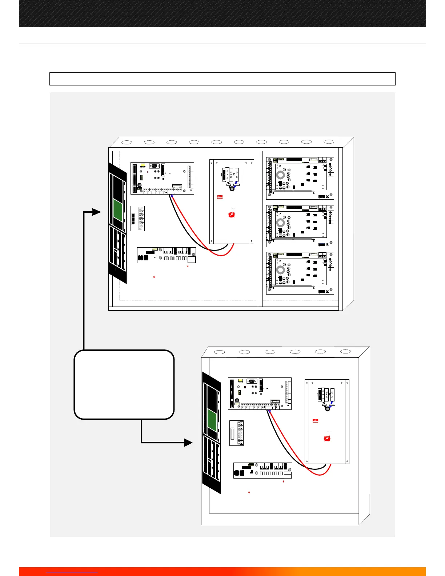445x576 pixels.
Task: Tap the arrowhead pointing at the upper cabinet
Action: (x=97, y=212)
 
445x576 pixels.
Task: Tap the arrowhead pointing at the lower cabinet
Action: (x=188, y=443)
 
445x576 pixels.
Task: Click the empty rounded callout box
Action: (x=124, y=385)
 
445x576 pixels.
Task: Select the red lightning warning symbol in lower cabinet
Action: (x=327, y=439)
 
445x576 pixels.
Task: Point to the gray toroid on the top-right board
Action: (x=280, y=175)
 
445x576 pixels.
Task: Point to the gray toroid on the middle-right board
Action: (x=280, y=223)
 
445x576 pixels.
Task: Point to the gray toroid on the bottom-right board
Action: (x=280, y=270)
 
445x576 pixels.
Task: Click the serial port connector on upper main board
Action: (x=154, y=166)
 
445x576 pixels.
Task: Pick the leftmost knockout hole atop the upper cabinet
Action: (x=127, y=142)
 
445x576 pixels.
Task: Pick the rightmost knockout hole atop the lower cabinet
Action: (x=345, y=352)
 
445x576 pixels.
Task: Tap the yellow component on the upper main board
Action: (x=143, y=165)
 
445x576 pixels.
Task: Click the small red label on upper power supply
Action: (x=220, y=197)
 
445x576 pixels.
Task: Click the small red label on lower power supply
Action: (x=315, y=421)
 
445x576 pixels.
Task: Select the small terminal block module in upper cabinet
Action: (x=138, y=219)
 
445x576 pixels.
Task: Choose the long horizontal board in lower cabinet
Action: (x=262, y=471)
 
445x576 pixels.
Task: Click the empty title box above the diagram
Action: (x=222, y=79)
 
